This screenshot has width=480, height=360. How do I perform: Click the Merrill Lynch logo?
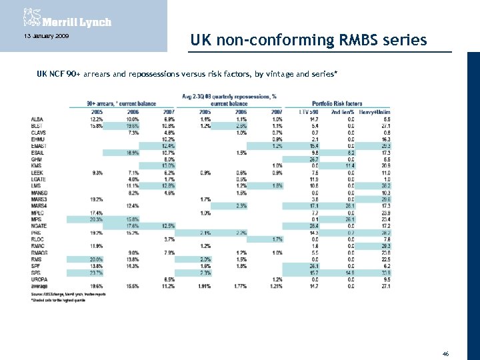coord(66,18)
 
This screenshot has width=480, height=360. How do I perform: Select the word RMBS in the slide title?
coord(351,41)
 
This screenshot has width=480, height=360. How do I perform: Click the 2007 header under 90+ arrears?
coord(169,111)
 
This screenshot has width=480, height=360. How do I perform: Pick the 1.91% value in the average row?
coord(203,285)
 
